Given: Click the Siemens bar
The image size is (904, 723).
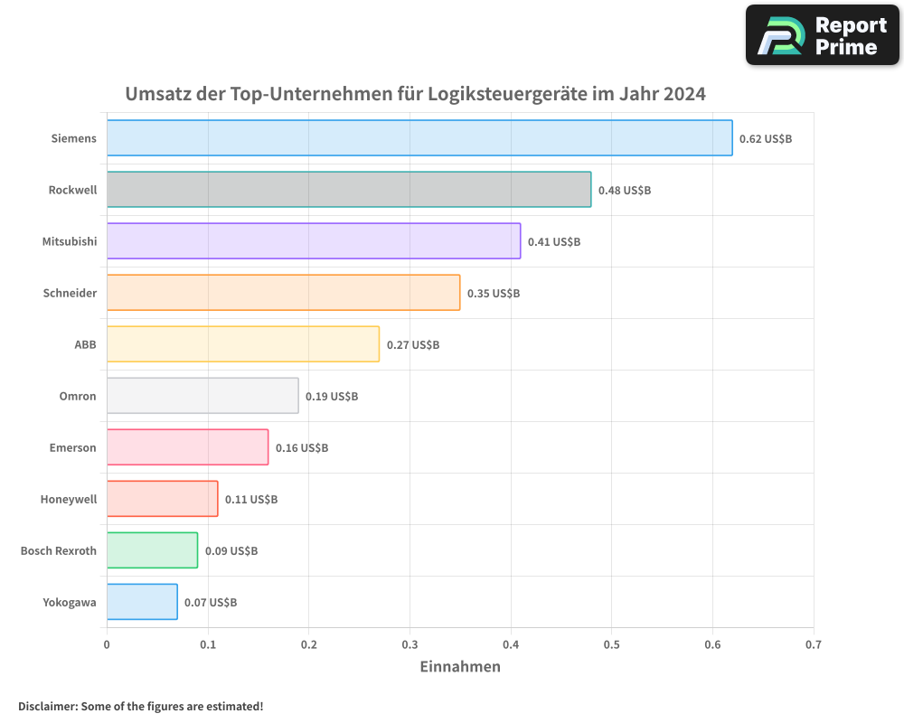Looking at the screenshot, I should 419,137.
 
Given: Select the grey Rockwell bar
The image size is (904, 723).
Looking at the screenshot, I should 349,190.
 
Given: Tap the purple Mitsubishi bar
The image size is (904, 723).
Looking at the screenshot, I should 314,241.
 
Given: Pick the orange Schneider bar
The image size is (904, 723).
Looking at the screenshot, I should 283,293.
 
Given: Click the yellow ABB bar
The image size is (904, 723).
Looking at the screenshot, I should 243,344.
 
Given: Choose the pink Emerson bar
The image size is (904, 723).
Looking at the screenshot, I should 187,447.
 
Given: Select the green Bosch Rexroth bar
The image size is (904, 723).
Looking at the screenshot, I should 152,550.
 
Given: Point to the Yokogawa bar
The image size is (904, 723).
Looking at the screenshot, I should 142,602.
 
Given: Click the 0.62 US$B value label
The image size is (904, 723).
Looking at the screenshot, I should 765,139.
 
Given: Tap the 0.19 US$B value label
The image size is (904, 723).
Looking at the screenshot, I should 332,397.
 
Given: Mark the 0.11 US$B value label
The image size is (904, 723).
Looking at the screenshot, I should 251,500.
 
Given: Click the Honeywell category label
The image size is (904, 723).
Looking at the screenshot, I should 69,499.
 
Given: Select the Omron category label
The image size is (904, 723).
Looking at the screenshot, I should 78,396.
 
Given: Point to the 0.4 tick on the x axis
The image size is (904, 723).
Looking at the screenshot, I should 511,644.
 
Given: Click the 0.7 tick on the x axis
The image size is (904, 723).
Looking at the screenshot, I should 814,644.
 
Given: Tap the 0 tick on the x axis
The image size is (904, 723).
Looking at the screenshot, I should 107,644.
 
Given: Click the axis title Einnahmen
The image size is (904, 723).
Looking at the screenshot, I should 460,667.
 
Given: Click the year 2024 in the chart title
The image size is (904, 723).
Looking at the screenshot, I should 684,94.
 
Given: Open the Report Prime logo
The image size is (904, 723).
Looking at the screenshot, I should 822,35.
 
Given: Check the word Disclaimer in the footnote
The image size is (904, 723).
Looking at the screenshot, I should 46,706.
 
